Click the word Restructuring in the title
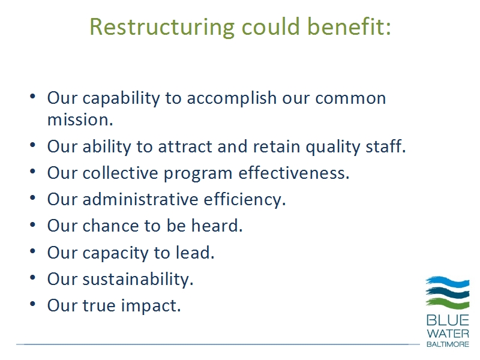tap(162, 28)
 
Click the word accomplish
tap(232, 99)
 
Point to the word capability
tap(121, 99)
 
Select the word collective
tap(120, 173)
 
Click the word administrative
tap(140, 199)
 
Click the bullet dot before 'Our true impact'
tap(33, 304)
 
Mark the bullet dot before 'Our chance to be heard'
tap(33, 224)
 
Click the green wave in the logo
tap(448, 303)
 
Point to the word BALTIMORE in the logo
tap(448, 344)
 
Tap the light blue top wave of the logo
tap(448, 281)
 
